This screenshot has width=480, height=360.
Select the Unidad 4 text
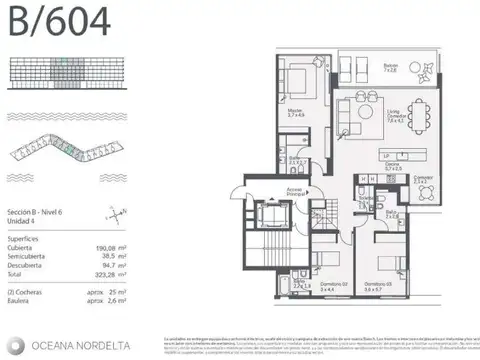pyautogui.click(x=20, y=221)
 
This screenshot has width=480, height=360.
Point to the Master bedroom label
pyautogui.click(x=294, y=113)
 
